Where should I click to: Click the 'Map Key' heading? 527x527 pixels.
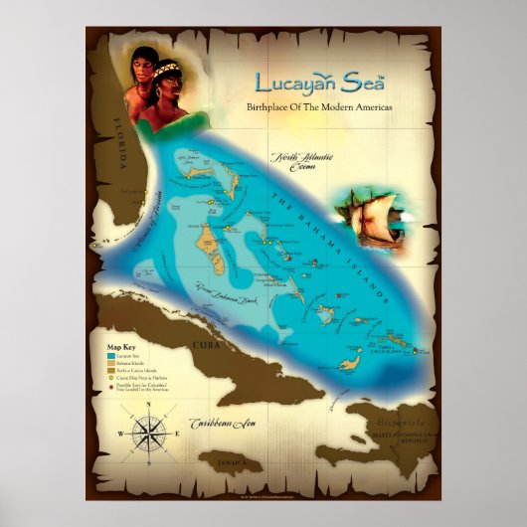pos(121,346)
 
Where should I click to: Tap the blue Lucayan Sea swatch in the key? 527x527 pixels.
pos(110,354)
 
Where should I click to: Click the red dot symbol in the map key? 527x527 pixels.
pos(110,387)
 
